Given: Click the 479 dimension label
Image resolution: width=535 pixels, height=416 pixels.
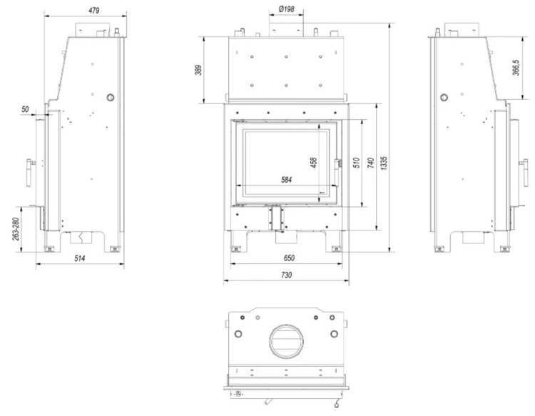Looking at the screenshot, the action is point(94,11).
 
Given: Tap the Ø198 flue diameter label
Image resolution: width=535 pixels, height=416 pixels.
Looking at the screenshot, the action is point(286,9).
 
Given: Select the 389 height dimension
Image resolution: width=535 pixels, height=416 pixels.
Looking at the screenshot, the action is point(198,70).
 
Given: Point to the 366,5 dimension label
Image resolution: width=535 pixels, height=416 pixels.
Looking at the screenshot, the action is point(516,68).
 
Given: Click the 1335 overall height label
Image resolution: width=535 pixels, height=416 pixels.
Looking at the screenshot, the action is point(384,163).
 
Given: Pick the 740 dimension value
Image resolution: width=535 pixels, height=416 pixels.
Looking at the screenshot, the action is point(371,163).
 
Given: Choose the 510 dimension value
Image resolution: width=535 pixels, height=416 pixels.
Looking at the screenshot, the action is point(357,163).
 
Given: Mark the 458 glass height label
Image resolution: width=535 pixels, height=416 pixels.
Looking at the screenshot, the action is point(314,163).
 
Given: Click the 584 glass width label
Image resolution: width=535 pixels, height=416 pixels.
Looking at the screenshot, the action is point(287,180).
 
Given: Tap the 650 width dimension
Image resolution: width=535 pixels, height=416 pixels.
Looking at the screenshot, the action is point(289,258).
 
